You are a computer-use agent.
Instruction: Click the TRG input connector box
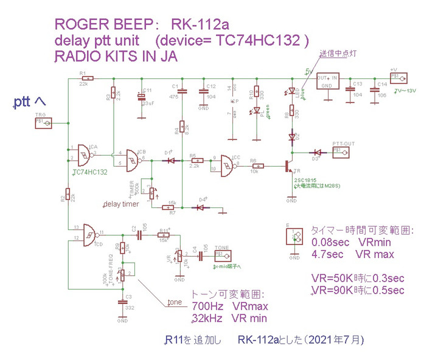[43, 122]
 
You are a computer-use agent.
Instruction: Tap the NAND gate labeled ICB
[133, 159]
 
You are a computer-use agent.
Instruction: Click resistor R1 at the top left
[89, 78]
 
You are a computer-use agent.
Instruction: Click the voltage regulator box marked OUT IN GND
[327, 81]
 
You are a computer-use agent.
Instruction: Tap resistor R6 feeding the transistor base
[258, 165]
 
